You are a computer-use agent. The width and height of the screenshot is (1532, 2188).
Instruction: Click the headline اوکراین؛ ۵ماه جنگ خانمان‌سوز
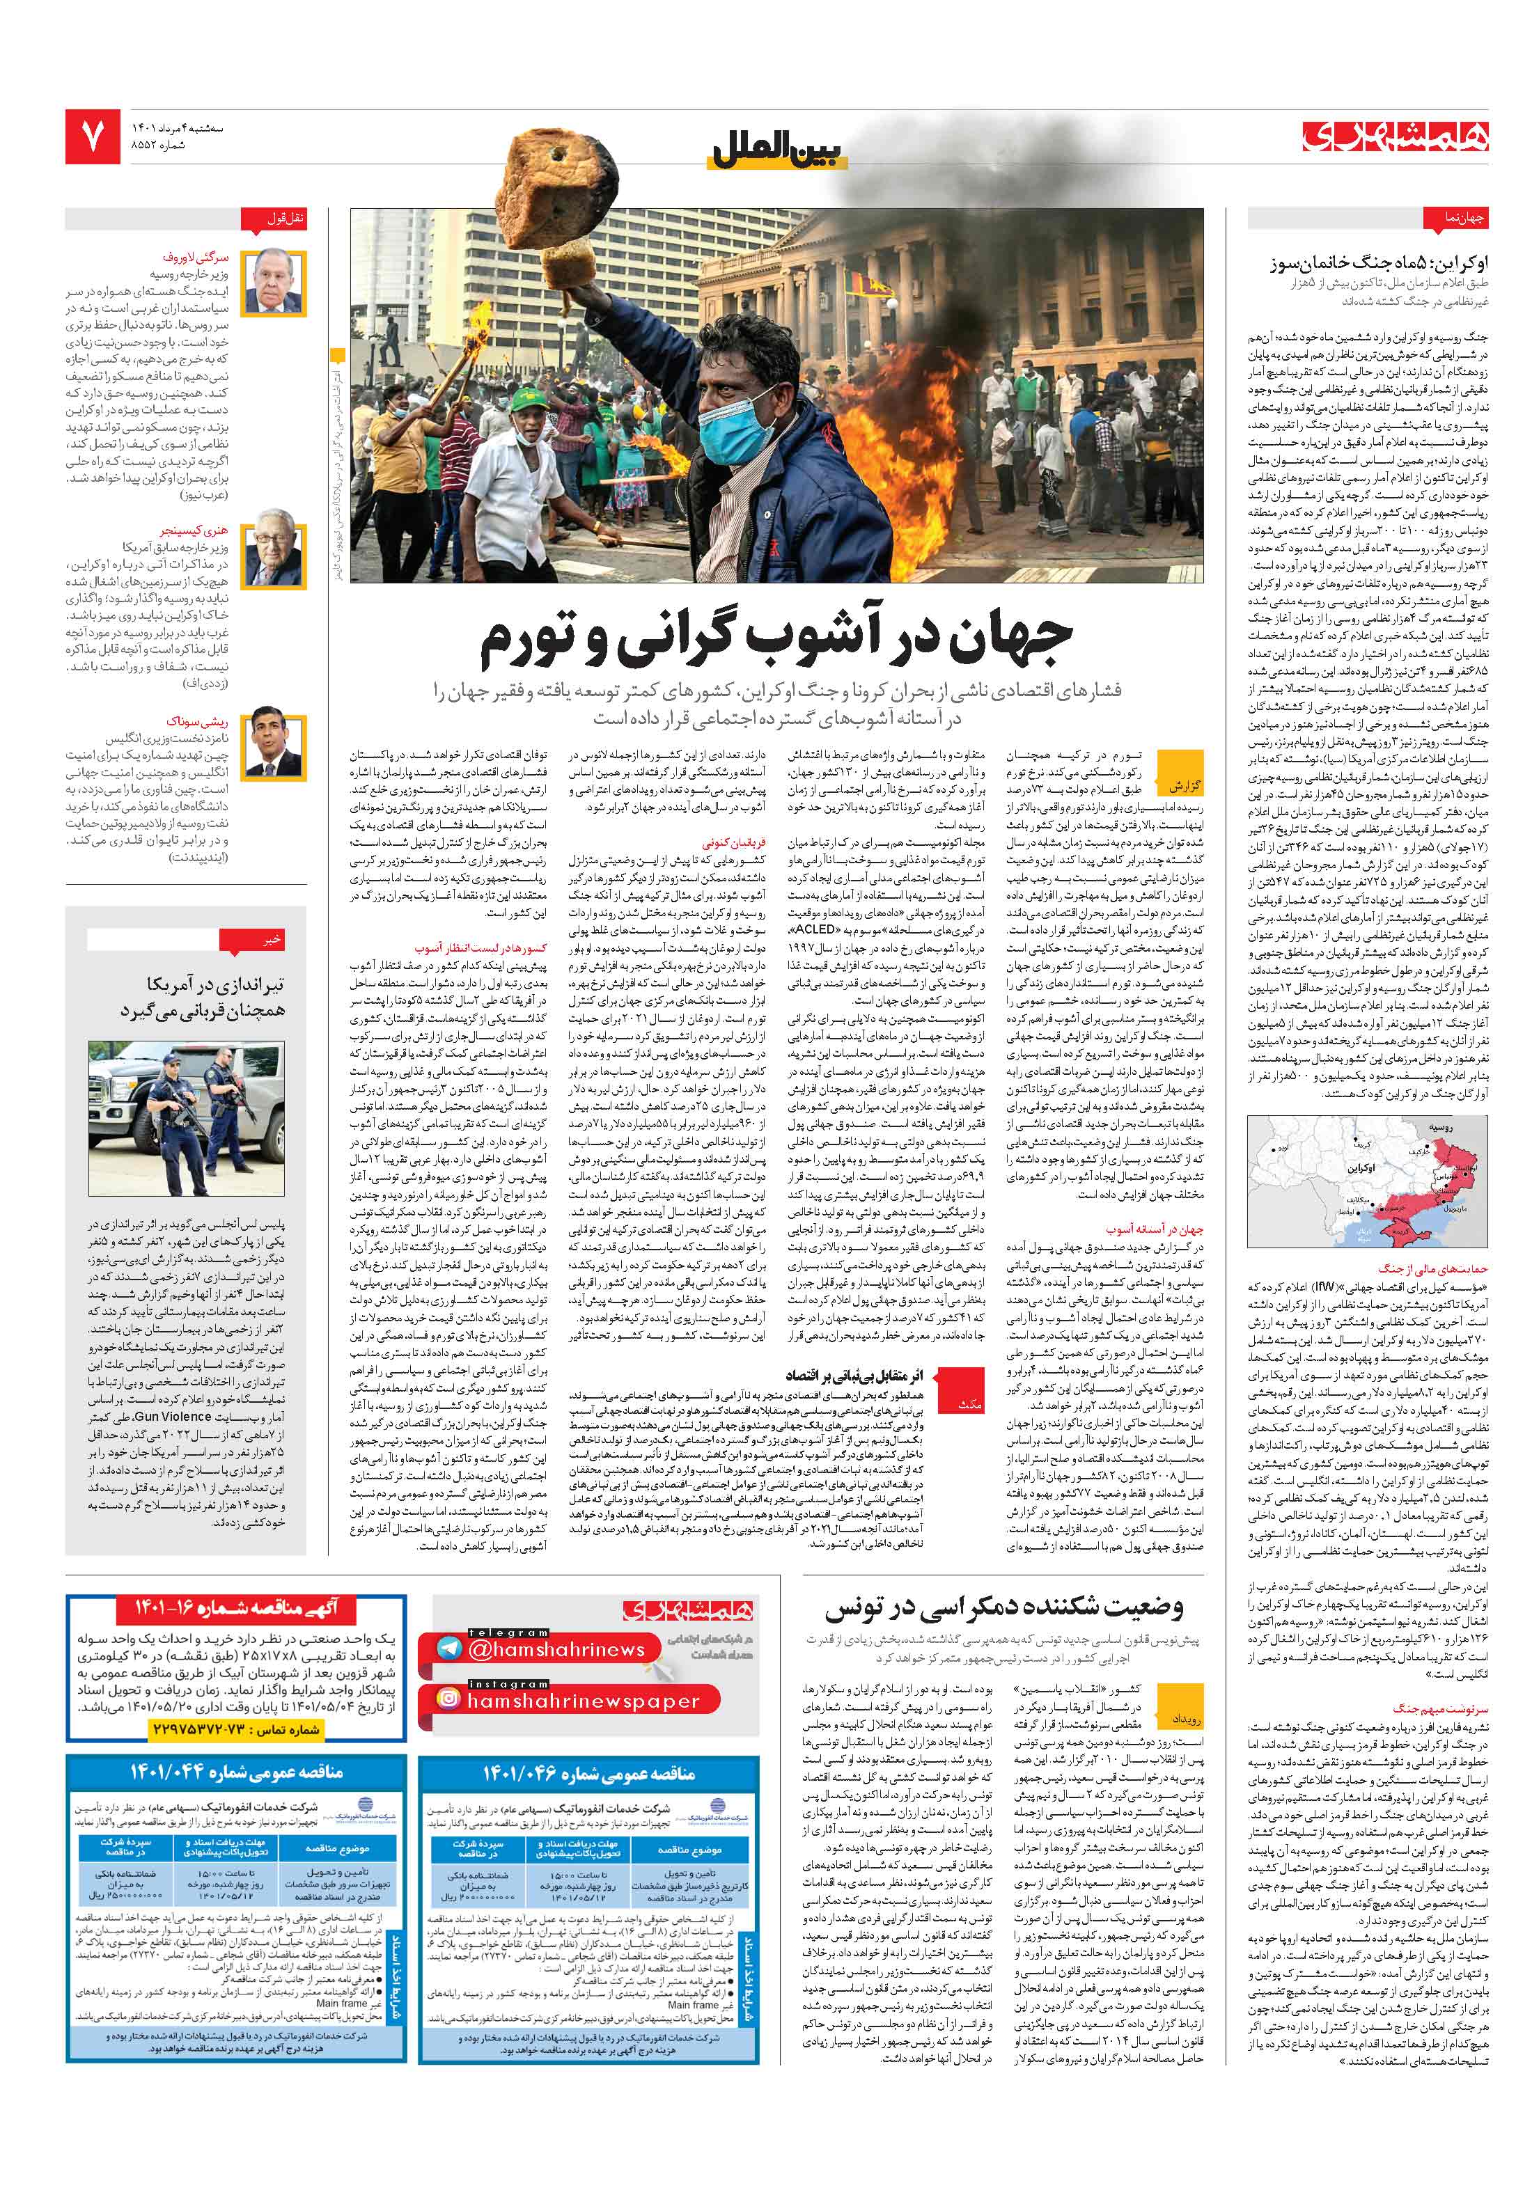coord(1377,263)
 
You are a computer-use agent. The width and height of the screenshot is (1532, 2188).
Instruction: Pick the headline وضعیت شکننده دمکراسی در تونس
coord(1004,1607)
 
